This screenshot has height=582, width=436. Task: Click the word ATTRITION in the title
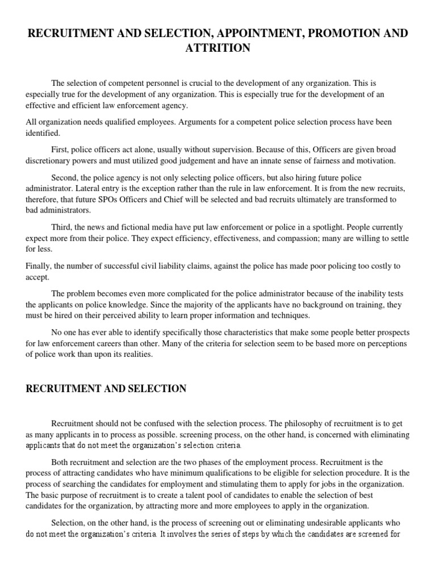[x=218, y=48]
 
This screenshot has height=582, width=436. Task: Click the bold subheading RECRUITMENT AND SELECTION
[x=107, y=389]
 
